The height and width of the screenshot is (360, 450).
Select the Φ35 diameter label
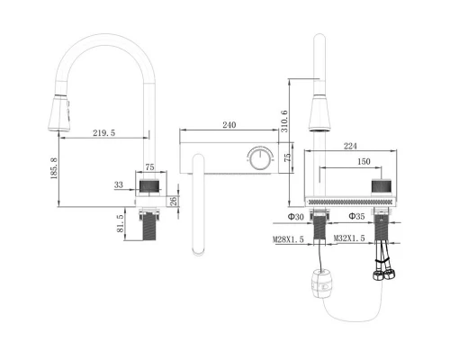(354, 217)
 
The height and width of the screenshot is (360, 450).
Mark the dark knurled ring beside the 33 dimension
(150, 185)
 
